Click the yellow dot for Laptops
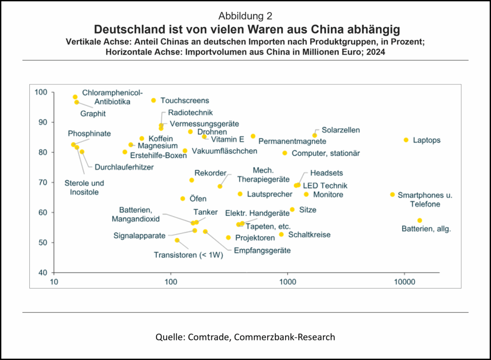(406, 140)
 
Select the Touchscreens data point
(153, 100)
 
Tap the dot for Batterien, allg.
(420, 221)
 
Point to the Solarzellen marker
(315, 135)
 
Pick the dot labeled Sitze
(292, 209)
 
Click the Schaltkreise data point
(281, 234)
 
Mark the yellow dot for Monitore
(306, 194)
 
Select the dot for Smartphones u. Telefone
(392, 195)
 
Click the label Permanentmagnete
(292, 141)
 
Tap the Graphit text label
(93, 114)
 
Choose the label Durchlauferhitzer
(124, 167)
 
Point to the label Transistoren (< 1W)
(188, 255)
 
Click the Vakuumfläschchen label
(224, 151)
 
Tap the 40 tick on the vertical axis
(42, 273)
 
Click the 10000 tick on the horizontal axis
(404, 281)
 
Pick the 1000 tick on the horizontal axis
(288, 281)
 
